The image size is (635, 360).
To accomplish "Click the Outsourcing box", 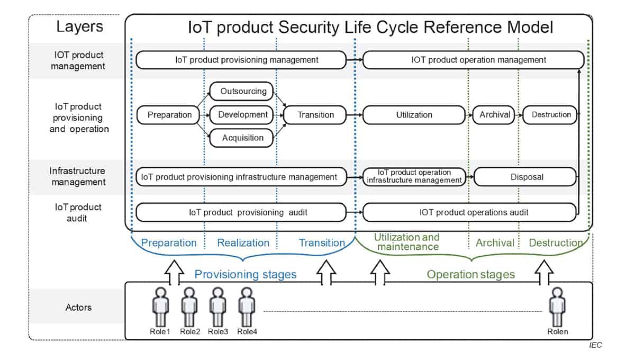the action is (x=241, y=91).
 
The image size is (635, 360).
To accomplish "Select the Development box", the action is (x=241, y=115).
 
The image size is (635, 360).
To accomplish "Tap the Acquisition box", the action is (x=241, y=138).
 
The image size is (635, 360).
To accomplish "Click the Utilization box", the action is (x=414, y=115).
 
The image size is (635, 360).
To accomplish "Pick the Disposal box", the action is (x=525, y=177).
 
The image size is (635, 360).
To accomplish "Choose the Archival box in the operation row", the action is (x=494, y=115).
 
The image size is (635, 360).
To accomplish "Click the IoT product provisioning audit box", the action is (x=241, y=212).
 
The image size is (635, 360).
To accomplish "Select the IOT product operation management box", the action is (x=474, y=60).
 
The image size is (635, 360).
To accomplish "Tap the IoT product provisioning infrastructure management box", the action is (x=241, y=177).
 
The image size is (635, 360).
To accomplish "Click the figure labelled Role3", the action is (x=217, y=307).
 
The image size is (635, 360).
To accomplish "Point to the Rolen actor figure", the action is (x=557, y=307).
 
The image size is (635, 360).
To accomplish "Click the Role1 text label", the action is (x=160, y=331).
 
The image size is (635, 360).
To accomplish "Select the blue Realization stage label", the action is (x=243, y=243).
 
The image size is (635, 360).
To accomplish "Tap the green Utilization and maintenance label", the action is (x=407, y=242).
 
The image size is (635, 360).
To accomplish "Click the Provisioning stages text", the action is (x=246, y=274).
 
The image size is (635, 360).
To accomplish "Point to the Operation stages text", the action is (x=471, y=274).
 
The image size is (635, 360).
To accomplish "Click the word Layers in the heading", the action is (x=80, y=26).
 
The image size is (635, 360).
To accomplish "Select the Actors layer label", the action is (x=78, y=307).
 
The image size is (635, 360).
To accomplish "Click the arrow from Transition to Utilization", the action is (x=355, y=115).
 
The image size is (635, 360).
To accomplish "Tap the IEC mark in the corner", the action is (x=595, y=345).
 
